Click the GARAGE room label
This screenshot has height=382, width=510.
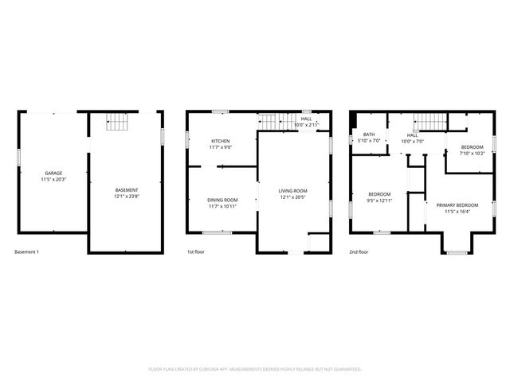pos(53,173)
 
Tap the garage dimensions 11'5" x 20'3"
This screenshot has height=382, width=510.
pos(53,180)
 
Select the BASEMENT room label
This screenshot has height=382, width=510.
pos(127,189)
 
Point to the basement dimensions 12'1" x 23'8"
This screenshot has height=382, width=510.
pos(127,197)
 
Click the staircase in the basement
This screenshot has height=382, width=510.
pos(118,122)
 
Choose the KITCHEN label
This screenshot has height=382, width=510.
pos(220,141)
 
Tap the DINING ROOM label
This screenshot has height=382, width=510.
pos(222,200)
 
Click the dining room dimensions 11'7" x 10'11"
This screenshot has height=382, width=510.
pos(222,207)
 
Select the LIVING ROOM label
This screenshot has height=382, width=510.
pos(292,191)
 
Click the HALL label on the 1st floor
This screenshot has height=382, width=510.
pos(306,119)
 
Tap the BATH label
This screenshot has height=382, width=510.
pos(369,134)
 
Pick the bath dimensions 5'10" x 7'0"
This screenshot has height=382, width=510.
pos(369,141)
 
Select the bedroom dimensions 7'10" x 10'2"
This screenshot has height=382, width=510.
pos(472,154)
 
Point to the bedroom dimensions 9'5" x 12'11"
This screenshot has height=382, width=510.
pos(379,201)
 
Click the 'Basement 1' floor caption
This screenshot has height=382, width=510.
pos(26,252)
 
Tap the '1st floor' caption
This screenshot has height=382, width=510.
pos(196,252)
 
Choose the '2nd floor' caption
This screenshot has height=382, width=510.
pos(359,252)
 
